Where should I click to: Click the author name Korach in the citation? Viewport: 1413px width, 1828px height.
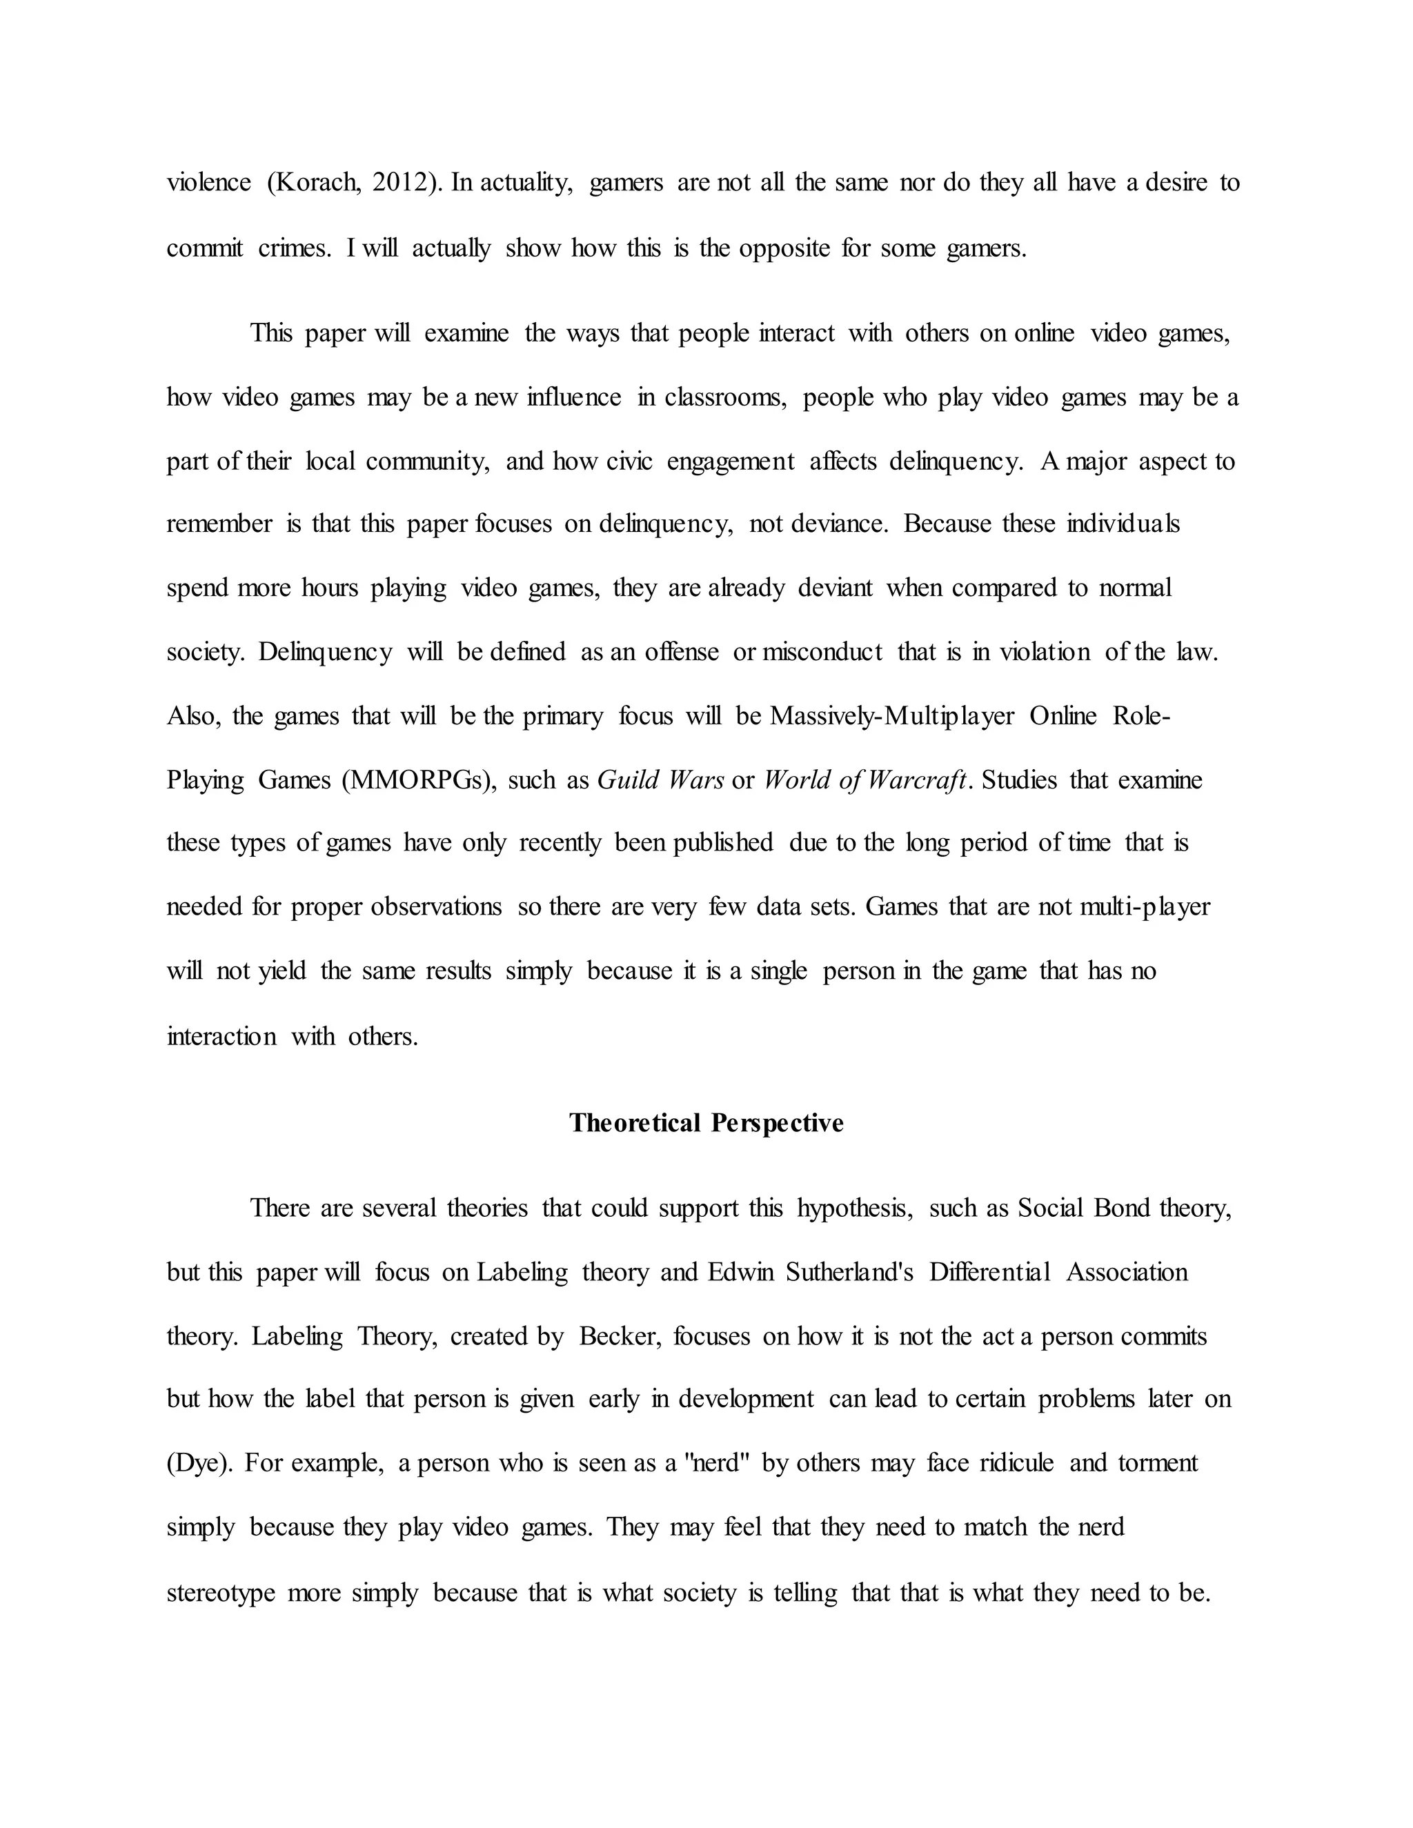(x=318, y=183)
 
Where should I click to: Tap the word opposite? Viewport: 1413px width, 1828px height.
(x=784, y=248)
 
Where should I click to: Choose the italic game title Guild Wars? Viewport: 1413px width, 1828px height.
(x=660, y=780)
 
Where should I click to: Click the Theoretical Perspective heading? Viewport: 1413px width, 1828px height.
(x=706, y=1122)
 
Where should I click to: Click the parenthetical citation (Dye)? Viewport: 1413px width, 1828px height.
(x=197, y=1463)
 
